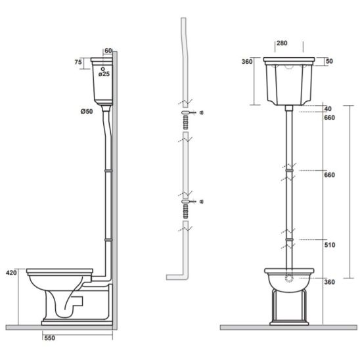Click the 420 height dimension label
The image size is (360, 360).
pyautogui.click(x=11, y=273)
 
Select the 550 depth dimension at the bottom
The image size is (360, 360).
pyautogui.click(x=49, y=338)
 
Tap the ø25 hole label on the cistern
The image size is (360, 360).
pyautogui.click(x=104, y=74)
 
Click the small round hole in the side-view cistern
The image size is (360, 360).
pyautogui.click(x=103, y=69)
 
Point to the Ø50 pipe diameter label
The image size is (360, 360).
pyautogui.click(x=87, y=112)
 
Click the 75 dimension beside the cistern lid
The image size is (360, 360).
pyautogui.click(x=78, y=62)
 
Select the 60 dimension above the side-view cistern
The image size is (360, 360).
pyautogui.click(x=108, y=51)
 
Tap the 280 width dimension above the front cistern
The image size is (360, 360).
pyautogui.click(x=282, y=43)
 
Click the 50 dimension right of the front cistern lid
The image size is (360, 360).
pyautogui.click(x=329, y=61)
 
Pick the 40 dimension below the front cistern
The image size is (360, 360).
pyautogui.click(x=328, y=109)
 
